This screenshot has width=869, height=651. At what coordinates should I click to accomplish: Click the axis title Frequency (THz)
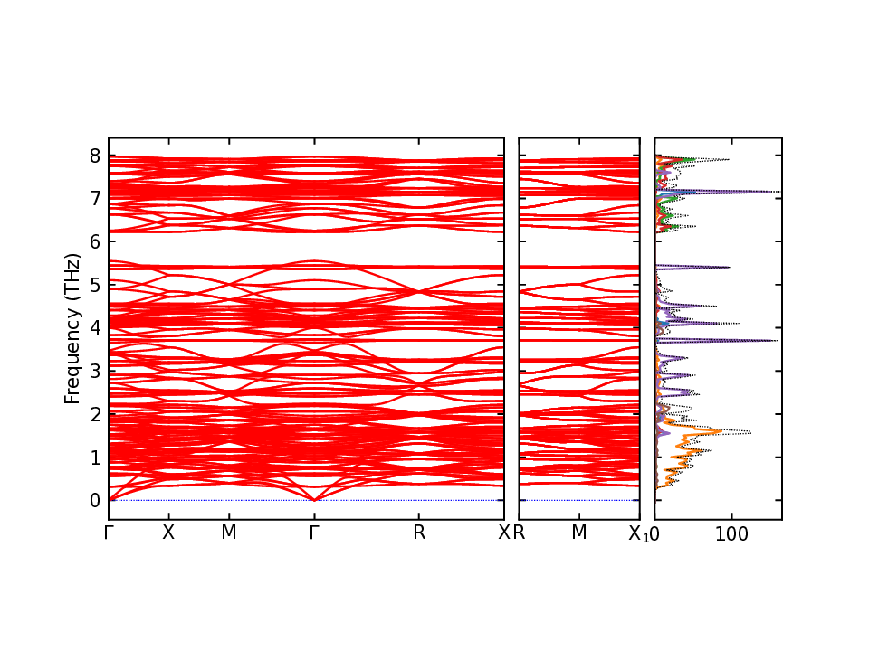click(x=72, y=328)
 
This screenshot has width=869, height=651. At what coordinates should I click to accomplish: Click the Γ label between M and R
click(x=314, y=533)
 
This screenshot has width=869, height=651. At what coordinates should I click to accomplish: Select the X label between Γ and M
click(x=167, y=533)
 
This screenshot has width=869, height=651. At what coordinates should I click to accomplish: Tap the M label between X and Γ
click(x=229, y=533)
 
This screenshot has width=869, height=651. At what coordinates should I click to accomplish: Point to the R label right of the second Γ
click(x=418, y=533)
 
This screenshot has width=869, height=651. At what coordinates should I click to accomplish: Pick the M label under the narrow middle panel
click(x=579, y=533)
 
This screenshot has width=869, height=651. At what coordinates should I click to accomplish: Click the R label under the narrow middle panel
click(x=520, y=533)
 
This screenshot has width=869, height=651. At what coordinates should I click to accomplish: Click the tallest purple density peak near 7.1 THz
click(x=775, y=193)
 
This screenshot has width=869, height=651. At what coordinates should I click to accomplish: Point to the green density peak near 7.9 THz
click(x=692, y=160)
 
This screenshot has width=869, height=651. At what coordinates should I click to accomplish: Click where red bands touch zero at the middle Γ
click(x=314, y=499)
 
